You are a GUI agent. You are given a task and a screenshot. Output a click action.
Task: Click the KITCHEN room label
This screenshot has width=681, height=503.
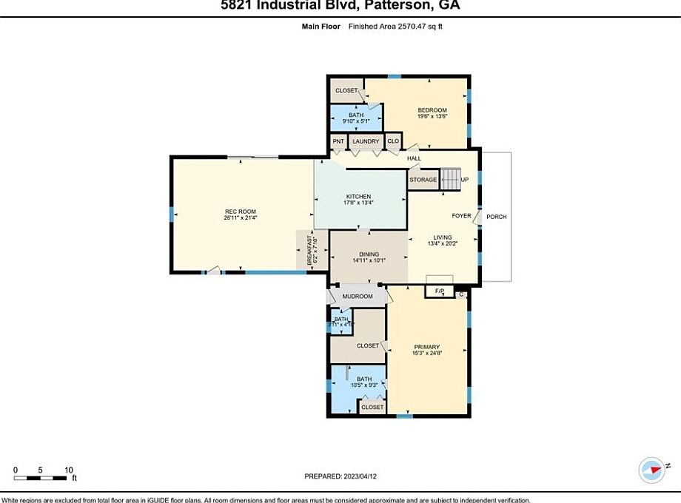[x=358, y=196]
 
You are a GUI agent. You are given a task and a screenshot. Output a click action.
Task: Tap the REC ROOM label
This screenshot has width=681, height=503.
[x=240, y=212]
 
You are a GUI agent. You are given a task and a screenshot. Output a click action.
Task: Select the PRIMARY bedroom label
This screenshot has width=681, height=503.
[x=427, y=347]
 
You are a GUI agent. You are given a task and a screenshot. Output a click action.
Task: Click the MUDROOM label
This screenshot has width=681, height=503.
[x=358, y=297]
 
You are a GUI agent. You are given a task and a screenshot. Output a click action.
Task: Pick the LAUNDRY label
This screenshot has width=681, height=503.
[x=366, y=141]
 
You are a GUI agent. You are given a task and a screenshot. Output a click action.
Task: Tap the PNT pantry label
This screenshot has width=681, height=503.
[x=338, y=141]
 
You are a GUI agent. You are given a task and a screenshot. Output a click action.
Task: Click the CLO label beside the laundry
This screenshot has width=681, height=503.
[x=393, y=141]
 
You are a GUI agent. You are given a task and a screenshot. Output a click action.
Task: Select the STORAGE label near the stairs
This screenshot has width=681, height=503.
[x=423, y=180]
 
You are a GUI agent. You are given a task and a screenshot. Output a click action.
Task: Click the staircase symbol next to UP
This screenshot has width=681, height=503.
[x=450, y=178]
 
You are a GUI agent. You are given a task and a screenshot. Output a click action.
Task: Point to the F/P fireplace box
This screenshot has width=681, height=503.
[x=439, y=291]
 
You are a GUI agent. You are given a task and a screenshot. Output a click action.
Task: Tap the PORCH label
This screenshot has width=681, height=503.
[x=497, y=217]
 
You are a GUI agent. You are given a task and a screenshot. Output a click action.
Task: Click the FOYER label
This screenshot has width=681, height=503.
[x=462, y=216]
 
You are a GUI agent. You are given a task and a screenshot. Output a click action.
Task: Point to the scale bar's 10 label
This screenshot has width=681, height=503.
[x=68, y=470]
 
